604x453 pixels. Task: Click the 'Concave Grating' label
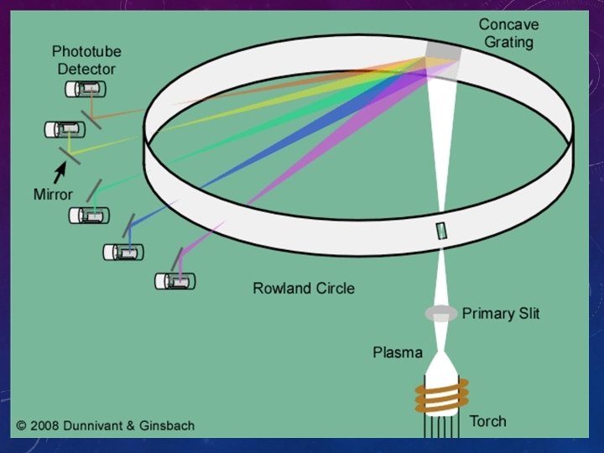(x=508, y=33)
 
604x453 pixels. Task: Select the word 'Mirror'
(x=53, y=194)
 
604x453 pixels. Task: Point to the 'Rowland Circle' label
(x=304, y=289)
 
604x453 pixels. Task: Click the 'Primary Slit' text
(x=501, y=314)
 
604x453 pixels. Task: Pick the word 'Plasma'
(x=398, y=352)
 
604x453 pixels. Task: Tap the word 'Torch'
(x=487, y=421)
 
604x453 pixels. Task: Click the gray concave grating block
(x=442, y=52)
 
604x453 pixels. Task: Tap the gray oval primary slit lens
(x=440, y=314)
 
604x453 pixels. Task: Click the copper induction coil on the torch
(x=440, y=396)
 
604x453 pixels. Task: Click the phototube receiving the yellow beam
(x=65, y=129)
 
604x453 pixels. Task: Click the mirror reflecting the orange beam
(x=93, y=117)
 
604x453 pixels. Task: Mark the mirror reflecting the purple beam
(x=178, y=257)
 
